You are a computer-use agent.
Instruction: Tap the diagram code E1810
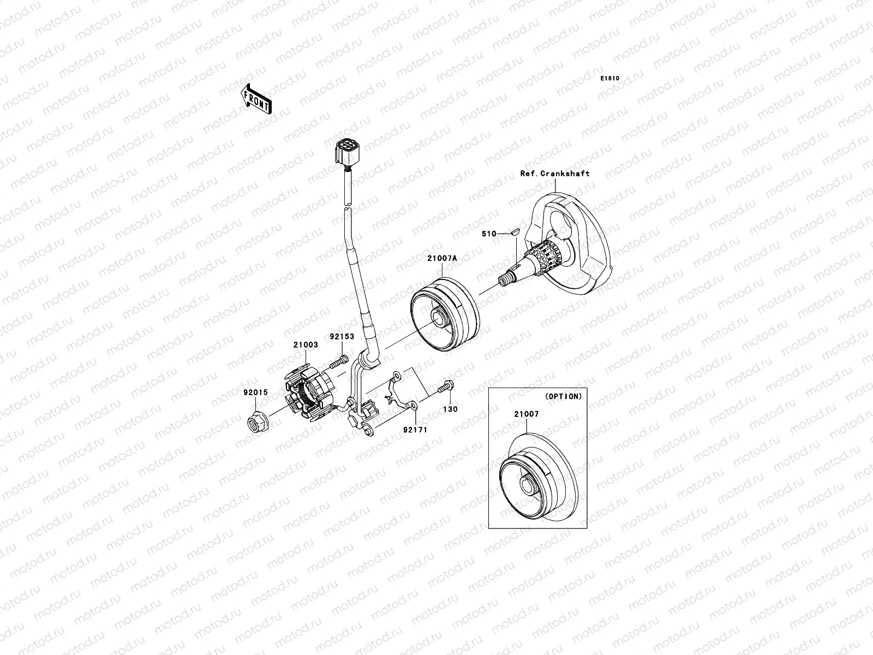(x=610, y=79)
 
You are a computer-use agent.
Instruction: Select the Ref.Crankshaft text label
(x=554, y=174)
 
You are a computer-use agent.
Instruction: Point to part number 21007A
(x=442, y=259)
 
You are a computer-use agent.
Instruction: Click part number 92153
(x=341, y=337)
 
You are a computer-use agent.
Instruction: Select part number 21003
(x=306, y=345)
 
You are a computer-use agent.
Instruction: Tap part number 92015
(x=256, y=391)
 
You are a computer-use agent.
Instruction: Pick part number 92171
(x=416, y=430)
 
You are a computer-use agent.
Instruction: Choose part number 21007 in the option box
(x=525, y=414)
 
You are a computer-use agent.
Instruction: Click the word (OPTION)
(x=563, y=396)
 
